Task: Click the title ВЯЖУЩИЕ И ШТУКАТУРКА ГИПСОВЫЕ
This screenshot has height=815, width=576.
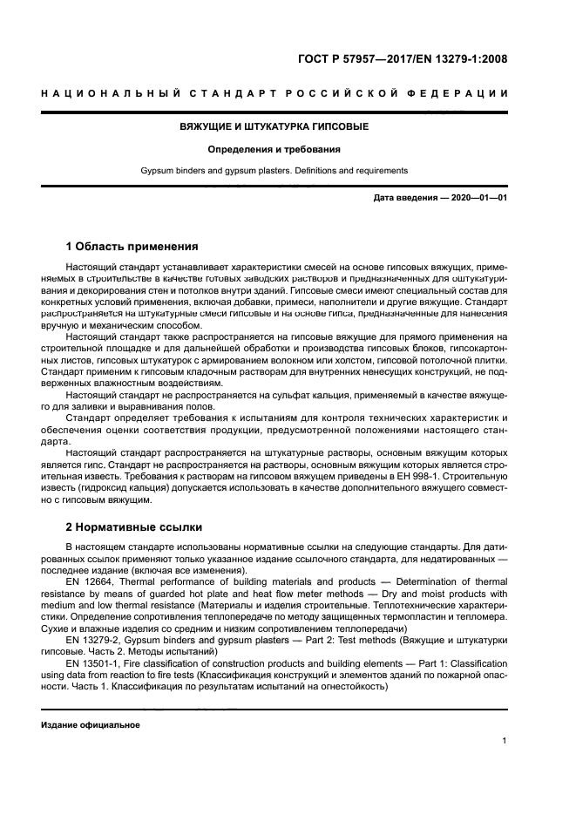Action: [274, 126]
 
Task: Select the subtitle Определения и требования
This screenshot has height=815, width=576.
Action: [274, 149]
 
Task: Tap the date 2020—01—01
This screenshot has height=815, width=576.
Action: [478, 199]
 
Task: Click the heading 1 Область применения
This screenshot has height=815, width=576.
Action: [132, 246]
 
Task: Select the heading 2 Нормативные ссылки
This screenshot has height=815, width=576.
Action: [134, 526]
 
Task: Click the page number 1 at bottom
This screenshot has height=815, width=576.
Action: [505, 741]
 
